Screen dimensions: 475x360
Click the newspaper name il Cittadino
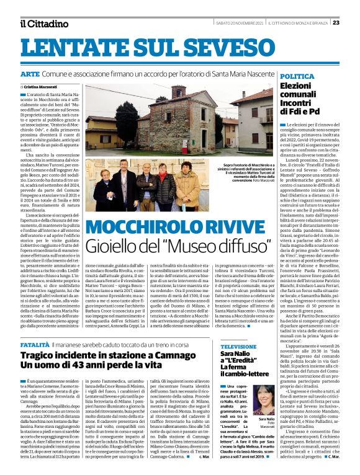[x=43, y=24]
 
